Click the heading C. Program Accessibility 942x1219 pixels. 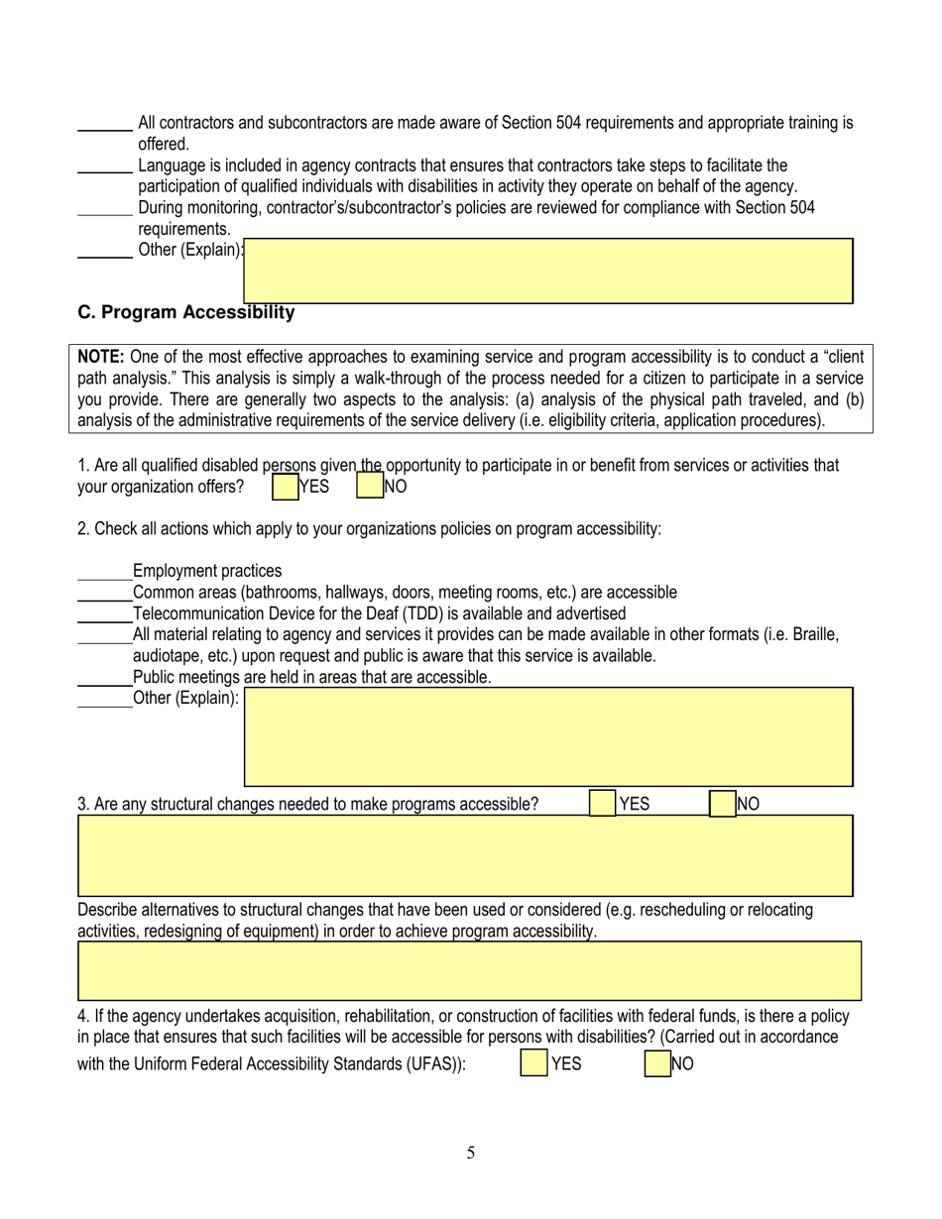(186, 313)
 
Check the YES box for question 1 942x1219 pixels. (285, 487)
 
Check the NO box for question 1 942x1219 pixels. (369, 487)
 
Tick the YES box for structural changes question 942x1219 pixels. (602, 804)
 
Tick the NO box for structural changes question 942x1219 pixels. (723, 804)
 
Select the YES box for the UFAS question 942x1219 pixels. (534, 1064)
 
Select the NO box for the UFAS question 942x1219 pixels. (657, 1064)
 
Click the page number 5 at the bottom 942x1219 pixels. (471, 1153)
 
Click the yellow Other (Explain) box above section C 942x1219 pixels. (548, 271)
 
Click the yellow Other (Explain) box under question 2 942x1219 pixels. (548, 736)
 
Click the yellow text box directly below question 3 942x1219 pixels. (465, 855)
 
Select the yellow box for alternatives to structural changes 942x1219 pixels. (469, 970)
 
